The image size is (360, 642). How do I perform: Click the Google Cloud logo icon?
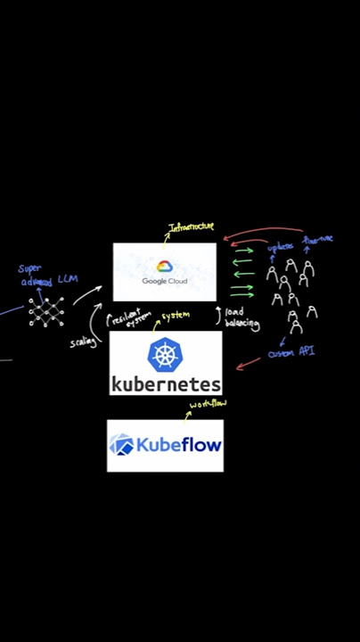tap(164, 267)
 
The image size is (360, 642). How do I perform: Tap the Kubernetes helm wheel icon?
tap(165, 354)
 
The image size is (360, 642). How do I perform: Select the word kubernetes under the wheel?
tap(165, 383)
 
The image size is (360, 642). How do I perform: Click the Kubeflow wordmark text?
tap(177, 444)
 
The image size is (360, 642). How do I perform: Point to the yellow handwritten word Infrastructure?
tap(192, 228)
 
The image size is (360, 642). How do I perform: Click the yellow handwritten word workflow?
tap(208, 405)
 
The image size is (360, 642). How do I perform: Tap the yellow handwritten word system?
tap(176, 316)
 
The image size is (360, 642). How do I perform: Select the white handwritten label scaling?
tap(83, 342)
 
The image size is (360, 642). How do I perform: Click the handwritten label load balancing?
tap(241, 318)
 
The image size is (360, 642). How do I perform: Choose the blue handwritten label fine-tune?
tap(317, 240)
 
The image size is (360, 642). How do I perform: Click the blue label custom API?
tap(291, 353)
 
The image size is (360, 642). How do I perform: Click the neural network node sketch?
tap(46, 310)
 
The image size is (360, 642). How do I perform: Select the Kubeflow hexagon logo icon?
tap(121, 444)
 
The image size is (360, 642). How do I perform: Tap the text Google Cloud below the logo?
tap(164, 282)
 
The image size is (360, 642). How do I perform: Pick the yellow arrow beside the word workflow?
tap(187, 415)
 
